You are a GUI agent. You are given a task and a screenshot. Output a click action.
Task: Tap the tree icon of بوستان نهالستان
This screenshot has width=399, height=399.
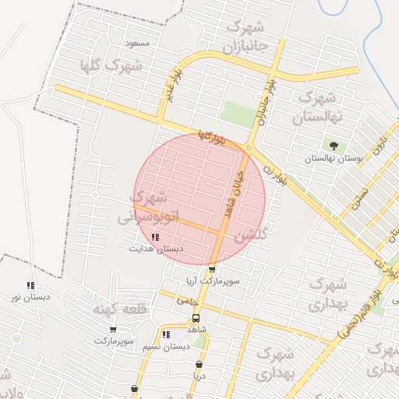coord(334,146)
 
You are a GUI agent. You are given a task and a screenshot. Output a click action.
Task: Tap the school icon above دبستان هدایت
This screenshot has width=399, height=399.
coord(156,237)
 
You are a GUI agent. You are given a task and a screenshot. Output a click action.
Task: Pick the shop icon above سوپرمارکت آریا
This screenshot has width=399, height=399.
coord(212,269)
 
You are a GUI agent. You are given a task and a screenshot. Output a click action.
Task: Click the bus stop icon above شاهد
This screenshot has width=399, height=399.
coord(196,318)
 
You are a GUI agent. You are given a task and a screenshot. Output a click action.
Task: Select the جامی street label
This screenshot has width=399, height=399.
coord(188,299)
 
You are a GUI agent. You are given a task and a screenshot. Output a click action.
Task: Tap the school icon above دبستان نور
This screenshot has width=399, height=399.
coord(30,286)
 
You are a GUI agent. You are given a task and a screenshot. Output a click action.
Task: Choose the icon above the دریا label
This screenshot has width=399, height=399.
coord(199,364)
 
